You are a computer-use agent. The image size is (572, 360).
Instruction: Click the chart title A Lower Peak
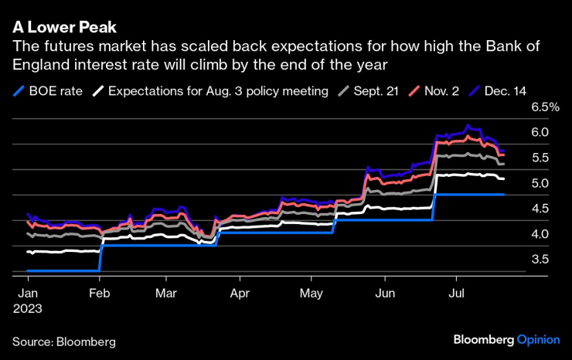click(x=64, y=26)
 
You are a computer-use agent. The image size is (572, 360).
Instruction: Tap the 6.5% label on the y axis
click(x=544, y=107)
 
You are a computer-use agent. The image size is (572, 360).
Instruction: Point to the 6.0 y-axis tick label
click(x=540, y=133)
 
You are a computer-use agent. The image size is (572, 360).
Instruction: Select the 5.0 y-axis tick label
click(x=540, y=184)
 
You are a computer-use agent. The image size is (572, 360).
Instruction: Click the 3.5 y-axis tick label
click(x=540, y=260)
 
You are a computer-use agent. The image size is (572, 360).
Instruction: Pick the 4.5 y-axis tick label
click(x=540, y=209)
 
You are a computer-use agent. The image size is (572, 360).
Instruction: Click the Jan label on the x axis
click(x=27, y=294)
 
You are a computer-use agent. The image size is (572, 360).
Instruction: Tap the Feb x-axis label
click(x=100, y=294)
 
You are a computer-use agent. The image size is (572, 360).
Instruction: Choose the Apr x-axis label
click(x=240, y=294)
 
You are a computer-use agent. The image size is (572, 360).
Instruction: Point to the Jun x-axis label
click(x=383, y=294)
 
